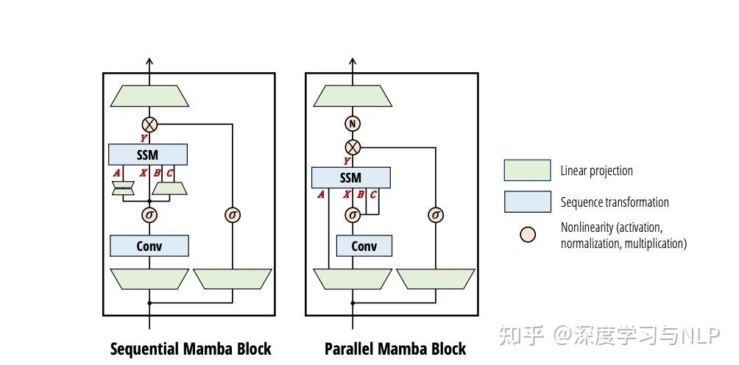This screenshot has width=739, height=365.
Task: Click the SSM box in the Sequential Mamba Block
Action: (x=148, y=155)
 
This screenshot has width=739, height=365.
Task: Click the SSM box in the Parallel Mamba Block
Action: (x=351, y=177)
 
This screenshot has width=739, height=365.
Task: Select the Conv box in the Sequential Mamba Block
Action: (x=149, y=246)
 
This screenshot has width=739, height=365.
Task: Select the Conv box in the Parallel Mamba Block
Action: (x=364, y=246)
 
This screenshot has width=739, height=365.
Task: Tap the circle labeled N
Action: (x=353, y=124)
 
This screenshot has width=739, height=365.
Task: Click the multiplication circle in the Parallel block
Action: (x=353, y=146)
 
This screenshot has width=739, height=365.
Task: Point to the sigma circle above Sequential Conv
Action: (x=150, y=215)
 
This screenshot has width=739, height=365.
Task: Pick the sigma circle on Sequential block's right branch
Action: (x=233, y=215)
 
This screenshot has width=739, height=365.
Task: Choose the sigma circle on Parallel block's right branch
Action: (x=436, y=215)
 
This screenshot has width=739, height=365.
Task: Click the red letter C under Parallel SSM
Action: (x=373, y=195)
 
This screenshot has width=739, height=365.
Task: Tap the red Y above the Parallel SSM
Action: (x=347, y=160)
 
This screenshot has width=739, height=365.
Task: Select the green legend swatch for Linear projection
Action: (x=527, y=171)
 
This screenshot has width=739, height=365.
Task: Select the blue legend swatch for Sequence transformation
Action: (x=527, y=202)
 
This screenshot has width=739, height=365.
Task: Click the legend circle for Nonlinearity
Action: (x=528, y=235)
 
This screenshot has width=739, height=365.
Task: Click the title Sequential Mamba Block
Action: (x=191, y=348)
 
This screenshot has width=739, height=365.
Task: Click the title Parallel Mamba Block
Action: (x=395, y=348)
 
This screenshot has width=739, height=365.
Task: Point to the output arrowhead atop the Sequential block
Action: (x=150, y=63)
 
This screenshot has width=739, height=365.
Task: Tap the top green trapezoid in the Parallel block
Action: (x=353, y=96)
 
